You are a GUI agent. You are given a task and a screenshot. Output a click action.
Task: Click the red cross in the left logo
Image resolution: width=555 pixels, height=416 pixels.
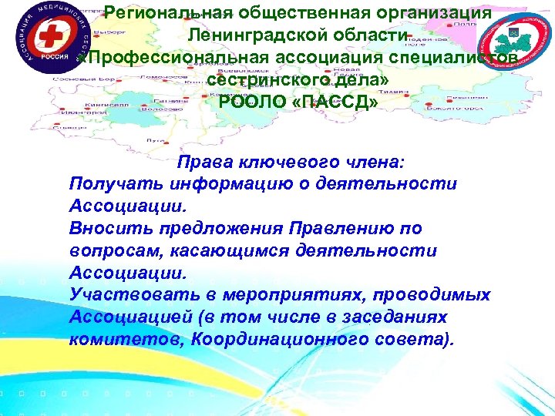click(32, 39)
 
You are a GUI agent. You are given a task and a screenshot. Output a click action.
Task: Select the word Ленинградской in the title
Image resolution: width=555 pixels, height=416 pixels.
click(261, 36)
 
